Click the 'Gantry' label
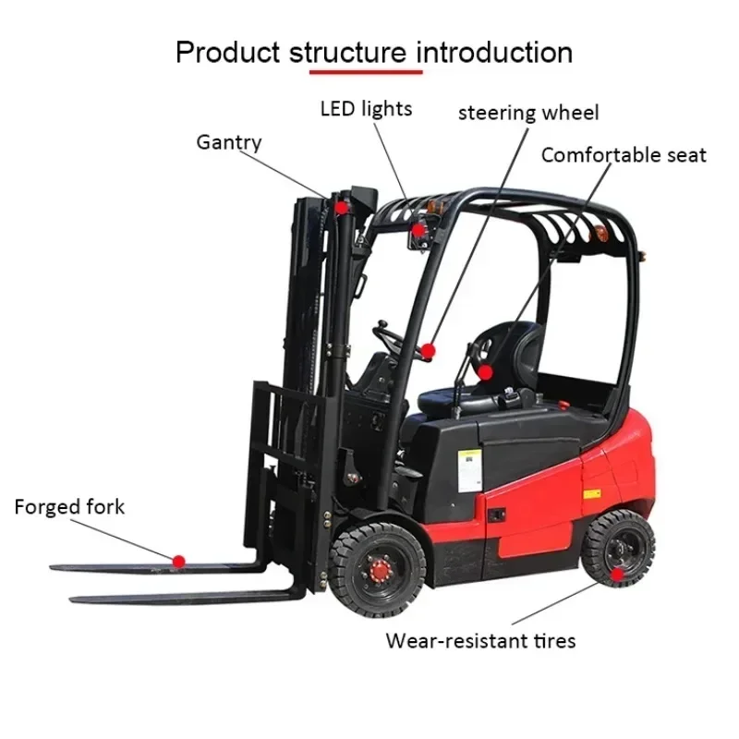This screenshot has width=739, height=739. [x=228, y=142]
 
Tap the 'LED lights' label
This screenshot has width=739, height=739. [x=366, y=109]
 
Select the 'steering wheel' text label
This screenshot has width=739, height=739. [x=528, y=113]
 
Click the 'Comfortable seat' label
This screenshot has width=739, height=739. [x=624, y=155]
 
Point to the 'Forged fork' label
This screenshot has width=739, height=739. [x=69, y=506]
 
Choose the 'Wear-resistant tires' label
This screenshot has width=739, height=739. [x=480, y=639]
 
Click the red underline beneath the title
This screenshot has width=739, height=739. [x=366, y=71]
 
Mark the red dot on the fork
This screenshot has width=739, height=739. [x=179, y=560]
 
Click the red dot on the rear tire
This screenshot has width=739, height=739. [x=617, y=575]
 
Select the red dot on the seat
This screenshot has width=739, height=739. [x=485, y=372]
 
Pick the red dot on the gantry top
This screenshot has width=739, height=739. [x=342, y=208]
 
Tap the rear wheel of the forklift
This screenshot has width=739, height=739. [x=618, y=548]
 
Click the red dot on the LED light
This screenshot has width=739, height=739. [x=418, y=229]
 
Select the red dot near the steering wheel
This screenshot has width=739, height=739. [x=428, y=350]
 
